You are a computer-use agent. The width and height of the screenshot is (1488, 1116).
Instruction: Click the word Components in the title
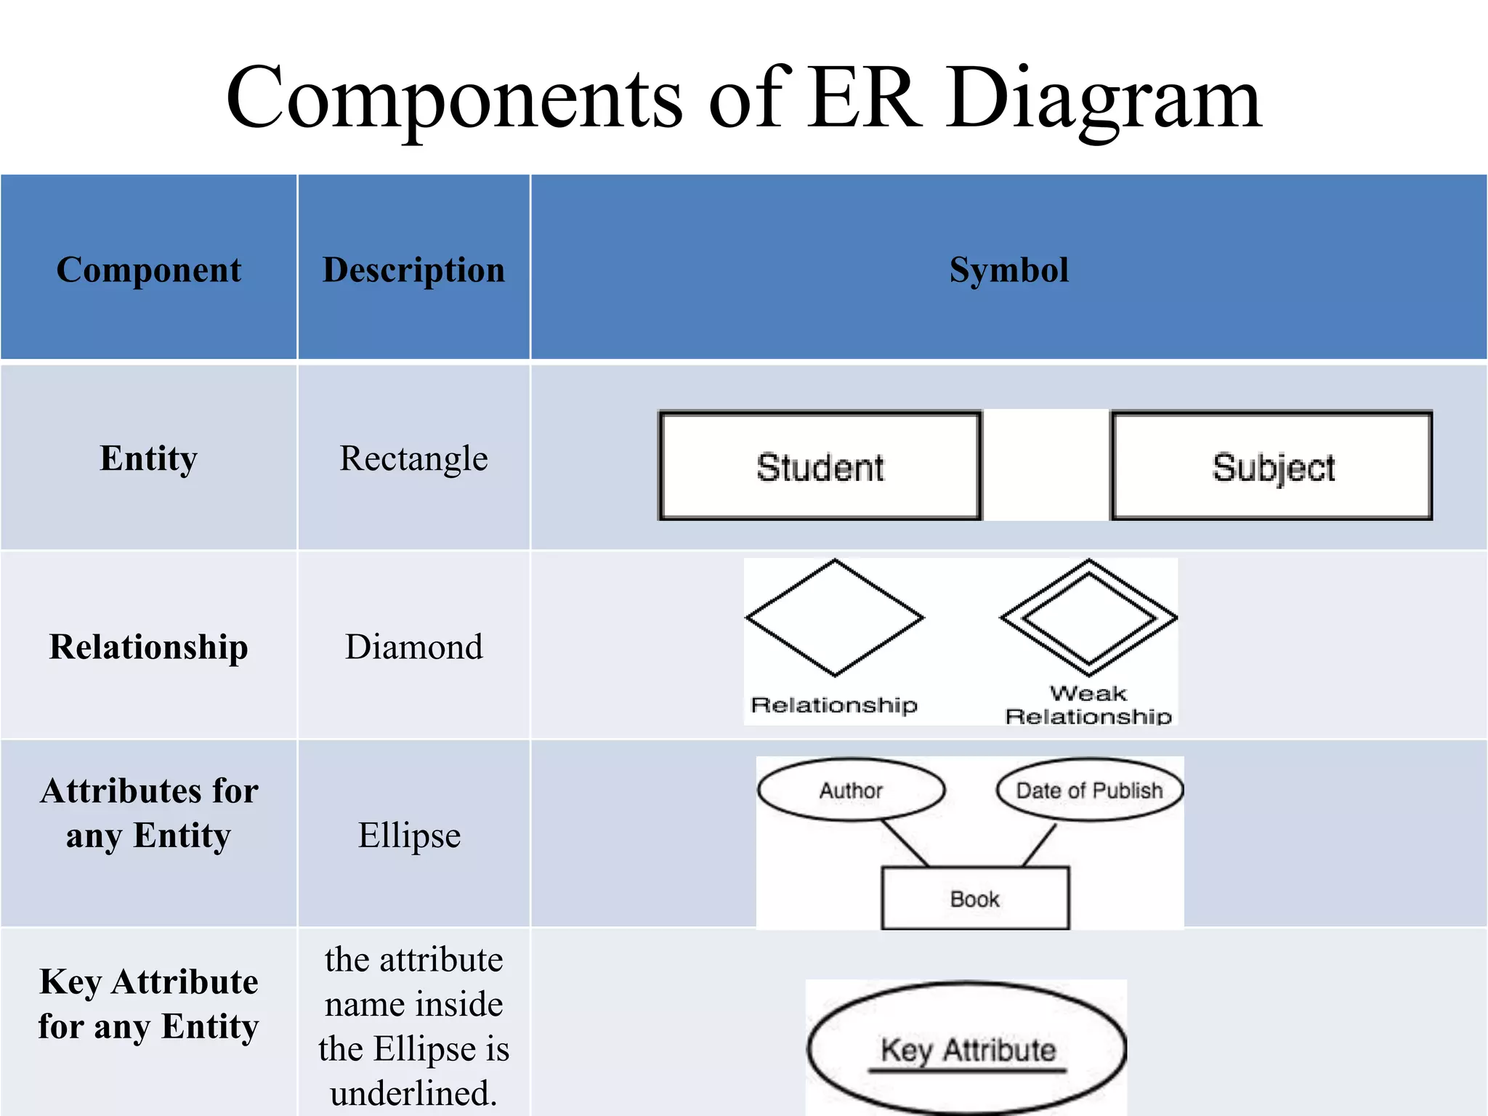tap(454, 98)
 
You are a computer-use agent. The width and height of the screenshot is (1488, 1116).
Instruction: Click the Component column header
tap(148, 270)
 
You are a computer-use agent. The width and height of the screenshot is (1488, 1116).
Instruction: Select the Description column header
tap(413, 270)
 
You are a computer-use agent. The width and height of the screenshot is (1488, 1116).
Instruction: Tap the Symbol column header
tap(1008, 270)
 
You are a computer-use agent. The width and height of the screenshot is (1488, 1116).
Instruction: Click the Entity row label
tap(148, 458)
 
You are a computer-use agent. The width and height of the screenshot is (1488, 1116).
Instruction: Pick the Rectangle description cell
tap(413, 458)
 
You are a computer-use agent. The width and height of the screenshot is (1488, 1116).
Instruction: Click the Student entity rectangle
tap(820, 466)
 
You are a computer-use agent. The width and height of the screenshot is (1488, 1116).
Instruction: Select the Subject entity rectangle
tap(1271, 466)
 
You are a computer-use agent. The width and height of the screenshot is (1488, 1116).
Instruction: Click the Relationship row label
tap(148, 646)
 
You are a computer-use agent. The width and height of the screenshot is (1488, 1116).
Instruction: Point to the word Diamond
tap(413, 646)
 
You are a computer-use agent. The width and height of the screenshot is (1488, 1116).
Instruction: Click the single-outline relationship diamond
tap(835, 618)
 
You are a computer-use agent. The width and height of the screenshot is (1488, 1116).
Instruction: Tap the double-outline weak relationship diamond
tap(1088, 618)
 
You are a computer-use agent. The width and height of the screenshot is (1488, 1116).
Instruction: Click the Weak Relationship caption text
tap(1088, 705)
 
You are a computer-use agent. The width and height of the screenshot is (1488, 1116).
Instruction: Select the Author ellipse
tap(851, 790)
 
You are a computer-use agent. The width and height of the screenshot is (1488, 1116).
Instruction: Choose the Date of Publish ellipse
tap(1089, 790)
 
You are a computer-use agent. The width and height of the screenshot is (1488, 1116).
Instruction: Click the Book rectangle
tap(974, 899)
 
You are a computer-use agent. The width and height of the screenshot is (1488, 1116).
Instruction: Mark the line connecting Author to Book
tap(905, 843)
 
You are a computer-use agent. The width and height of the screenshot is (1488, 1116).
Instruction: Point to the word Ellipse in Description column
tap(409, 835)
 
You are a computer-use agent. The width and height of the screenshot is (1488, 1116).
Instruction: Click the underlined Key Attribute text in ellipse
tap(967, 1051)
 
